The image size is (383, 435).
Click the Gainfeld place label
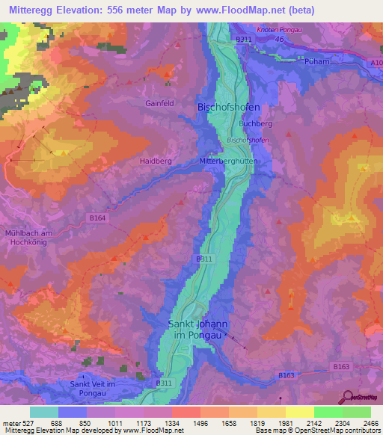pos(161,104)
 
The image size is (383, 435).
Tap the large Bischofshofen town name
pos(227,108)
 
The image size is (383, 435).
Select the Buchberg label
pos(254,123)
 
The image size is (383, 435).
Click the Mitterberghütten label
pos(229,160)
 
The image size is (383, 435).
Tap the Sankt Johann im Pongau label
pos(197,330)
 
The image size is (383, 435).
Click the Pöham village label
pos(317,62)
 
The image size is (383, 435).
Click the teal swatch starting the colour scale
pos(44,412)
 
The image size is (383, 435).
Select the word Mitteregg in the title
pos(32,10)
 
